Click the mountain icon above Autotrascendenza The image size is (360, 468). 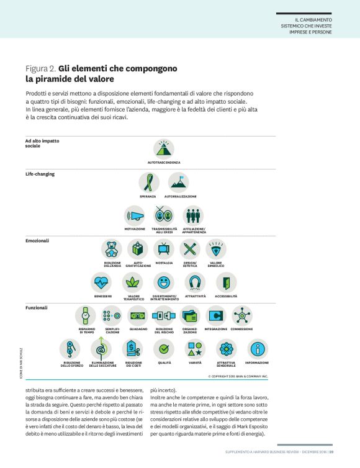pos(164,148)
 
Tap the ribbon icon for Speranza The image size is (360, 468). pos(148,182)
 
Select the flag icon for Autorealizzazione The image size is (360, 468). pos(178,182)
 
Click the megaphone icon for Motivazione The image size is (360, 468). pos(135,215)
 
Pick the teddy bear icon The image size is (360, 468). pos(112,250)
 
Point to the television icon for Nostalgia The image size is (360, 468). pos(164,250)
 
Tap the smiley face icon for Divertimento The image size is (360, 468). pos(164,282)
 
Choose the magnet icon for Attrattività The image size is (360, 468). pos(196,282)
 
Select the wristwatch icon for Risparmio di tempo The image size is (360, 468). pos(86,315)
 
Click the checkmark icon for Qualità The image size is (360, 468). pos(164,348)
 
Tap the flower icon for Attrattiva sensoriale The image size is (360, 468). pos(226,348)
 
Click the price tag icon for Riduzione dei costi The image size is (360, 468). pos(133,348)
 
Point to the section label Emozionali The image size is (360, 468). pos(37,240)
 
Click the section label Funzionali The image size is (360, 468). pos(37,307)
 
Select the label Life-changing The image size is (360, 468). pos(40,174)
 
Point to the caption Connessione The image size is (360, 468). pos(241,329)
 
